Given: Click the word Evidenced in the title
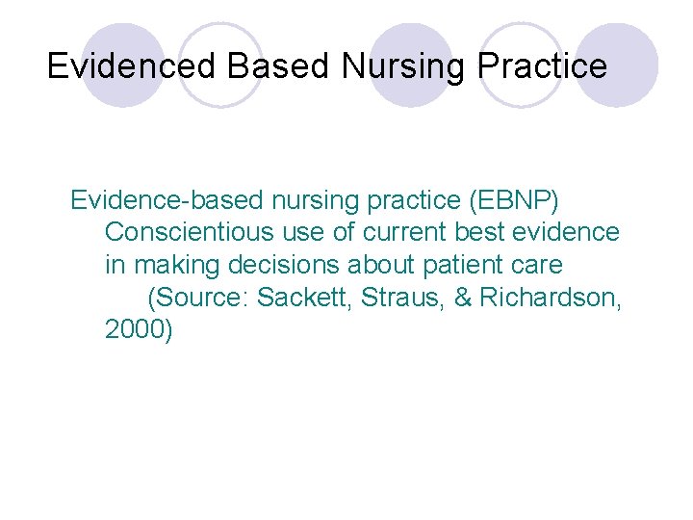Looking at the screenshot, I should [133, 66].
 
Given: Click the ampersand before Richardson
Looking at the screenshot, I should [462, 297].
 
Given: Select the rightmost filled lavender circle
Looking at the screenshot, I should [615, 65].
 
